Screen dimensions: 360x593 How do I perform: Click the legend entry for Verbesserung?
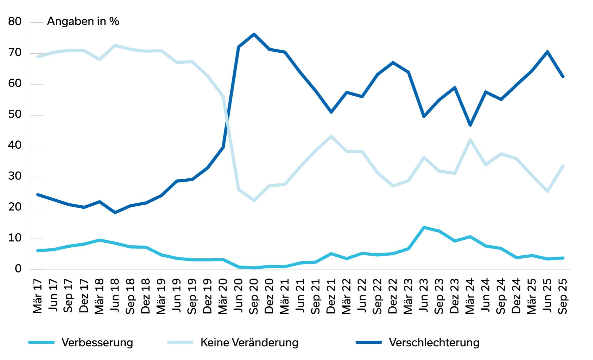click(97, 342)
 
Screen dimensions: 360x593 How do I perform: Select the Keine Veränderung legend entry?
click(249, 342)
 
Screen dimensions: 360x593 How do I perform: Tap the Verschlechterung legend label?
click(434, 342)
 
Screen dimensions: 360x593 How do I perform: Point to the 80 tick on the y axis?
click(15, 22)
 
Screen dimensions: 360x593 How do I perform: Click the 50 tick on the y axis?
click(15, 115)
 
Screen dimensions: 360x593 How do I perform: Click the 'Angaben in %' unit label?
click(83, 22)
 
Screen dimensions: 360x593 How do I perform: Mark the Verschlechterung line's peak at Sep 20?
click(254, 34)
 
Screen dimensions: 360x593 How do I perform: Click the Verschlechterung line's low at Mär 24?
click(470, 125)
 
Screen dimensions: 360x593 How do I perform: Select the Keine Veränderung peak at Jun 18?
click(115, 45)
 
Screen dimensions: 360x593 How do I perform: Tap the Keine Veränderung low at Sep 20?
click(254, 201)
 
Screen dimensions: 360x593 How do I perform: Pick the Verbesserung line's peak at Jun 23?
click(424, 228)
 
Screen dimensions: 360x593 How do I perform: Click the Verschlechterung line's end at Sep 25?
click(563, 77)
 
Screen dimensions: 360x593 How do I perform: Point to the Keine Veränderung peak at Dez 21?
click(331, 136)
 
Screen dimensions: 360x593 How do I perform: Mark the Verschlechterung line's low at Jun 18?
click(115, 212)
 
